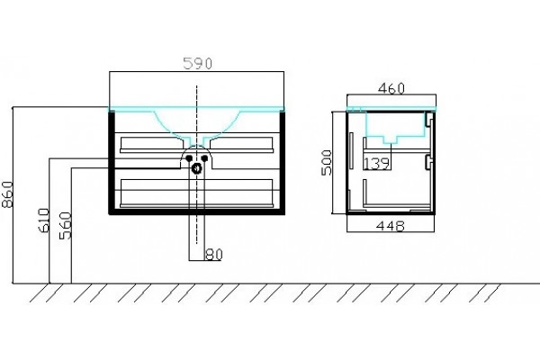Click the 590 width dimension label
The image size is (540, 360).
pos(197,63)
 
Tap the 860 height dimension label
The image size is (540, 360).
pos(7,194)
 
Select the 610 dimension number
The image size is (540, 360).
pos(44,220)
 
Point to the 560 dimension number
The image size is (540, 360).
pos(65,226)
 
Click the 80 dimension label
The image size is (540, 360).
pos(214,255)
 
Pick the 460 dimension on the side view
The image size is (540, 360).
pos(391,88)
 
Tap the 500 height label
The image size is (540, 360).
pos(326,163)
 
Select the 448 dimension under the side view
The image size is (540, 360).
pos(391,226)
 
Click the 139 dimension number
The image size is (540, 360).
pos(377,164)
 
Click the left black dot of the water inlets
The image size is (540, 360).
pos(189,158)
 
